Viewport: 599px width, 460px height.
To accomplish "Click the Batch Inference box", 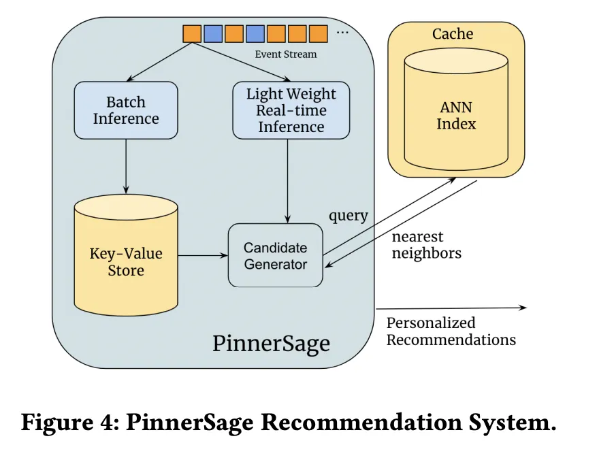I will point(126,110).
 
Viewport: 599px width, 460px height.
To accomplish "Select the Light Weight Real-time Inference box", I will point(291,110).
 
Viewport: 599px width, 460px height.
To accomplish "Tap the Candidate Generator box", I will point(276,255).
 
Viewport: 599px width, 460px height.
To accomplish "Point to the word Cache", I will point(453,33).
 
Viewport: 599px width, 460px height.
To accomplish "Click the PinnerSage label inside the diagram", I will point(271,342).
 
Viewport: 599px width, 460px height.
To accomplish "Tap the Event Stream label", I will point(286,54).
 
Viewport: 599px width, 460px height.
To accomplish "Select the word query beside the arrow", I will point(349,216).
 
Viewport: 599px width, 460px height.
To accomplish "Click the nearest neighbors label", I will point(426,245).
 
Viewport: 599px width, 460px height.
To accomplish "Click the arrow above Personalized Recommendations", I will point(451,308).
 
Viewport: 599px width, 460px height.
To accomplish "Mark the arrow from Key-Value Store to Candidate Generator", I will point(203,256).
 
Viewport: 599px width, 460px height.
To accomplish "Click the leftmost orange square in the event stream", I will point(191,33).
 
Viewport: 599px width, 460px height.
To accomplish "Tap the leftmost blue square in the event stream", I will point(212,33).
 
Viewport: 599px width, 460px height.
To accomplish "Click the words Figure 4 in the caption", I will point(65,423).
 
